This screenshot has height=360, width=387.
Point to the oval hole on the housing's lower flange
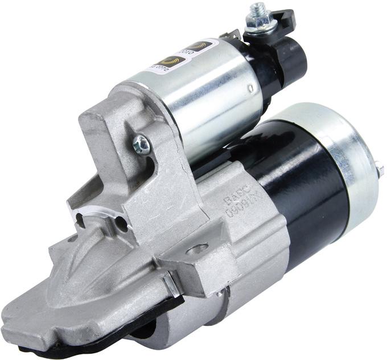pyautogui.click(x=197, y=249)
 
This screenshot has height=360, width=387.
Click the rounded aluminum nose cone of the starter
pyautogui.click(x=91, y=296)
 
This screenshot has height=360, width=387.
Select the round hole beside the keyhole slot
pyautogui.click(x=122, y=225)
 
